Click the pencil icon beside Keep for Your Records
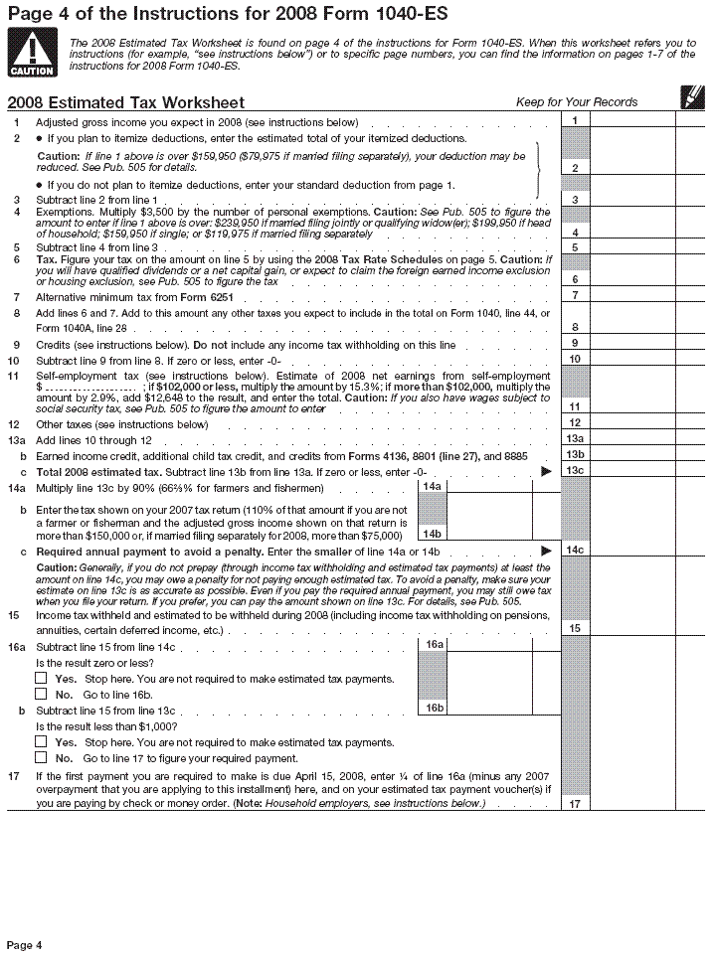(x=688, y=97)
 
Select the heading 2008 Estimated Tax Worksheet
(x=125, y=103)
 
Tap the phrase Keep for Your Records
(x=577, y=102)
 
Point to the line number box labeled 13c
(x=575, y=470)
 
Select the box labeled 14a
(x=433, y=486)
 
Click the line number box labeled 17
(x=575, y=803)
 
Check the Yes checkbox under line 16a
(x=41, y=679)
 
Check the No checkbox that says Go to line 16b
(x=41, y=695)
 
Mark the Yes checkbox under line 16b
(x=41, y=741)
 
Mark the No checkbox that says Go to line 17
(x=41, y=757)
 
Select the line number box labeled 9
(x=575, y=344)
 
